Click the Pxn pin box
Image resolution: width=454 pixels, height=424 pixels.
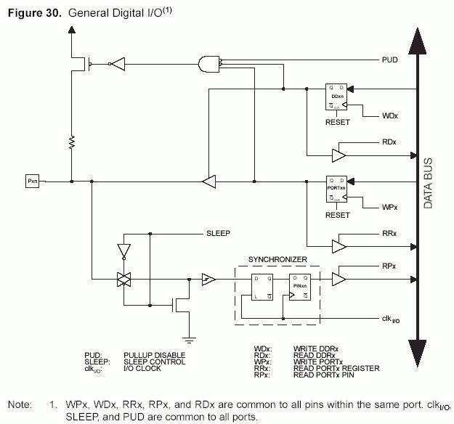[x=31, y=179]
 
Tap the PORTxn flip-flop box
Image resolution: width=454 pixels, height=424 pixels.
[x=337, y=187]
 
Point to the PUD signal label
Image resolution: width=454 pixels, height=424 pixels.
[x=389, y=60]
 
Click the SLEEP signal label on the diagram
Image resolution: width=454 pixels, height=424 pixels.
[x=219, y=233]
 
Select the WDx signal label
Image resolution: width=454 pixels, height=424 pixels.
[x=389, y=115]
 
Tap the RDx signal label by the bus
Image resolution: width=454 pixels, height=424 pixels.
[x=389, y=143]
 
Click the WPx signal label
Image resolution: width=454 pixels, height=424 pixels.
[x=389, y=207]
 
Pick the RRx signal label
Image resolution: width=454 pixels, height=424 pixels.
[x=389, y=234]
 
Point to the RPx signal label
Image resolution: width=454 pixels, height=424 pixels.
[x=389, y=266]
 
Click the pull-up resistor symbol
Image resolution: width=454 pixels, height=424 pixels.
[x=72, y=142]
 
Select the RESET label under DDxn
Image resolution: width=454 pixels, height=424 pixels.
[x=337, y=123]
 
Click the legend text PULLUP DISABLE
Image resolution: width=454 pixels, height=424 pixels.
[x=155, y=354]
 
